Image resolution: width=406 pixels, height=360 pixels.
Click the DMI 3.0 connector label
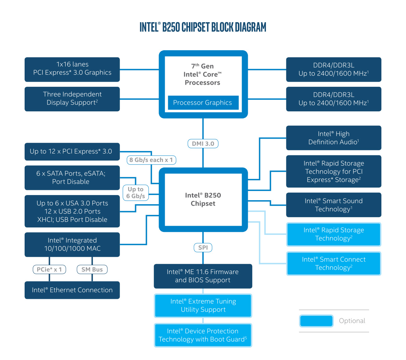[203, 144]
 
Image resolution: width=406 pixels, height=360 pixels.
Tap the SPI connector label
[203, 248]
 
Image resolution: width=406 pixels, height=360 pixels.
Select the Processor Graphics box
[203, 102]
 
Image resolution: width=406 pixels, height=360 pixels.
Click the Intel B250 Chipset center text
[203, 199]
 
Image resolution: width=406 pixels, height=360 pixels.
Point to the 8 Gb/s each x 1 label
[151, 160]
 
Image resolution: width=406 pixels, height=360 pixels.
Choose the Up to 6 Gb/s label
[136, 193]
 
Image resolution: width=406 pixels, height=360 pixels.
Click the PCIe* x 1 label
[49, 269]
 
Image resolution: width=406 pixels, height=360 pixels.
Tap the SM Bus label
[92, 269]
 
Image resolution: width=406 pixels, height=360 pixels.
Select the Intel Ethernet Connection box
[72, 290]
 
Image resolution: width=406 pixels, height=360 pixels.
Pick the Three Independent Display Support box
[72, 99]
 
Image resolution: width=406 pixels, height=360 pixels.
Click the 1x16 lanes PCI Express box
[72, 69]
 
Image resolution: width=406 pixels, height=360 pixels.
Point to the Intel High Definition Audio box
[334, 138]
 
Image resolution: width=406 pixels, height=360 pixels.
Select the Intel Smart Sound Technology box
[334, 205]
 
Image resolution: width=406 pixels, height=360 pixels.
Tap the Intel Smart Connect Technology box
[334, 263]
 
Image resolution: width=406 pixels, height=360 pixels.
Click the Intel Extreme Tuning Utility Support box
[203, 305]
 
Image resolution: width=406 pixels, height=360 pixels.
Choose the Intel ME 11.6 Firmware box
[203, 276]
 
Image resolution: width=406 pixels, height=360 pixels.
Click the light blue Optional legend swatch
[316, 321]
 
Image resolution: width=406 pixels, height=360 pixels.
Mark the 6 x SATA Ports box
[72, 178]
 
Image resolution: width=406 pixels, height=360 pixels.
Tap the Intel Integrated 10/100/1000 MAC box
[72, 245]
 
